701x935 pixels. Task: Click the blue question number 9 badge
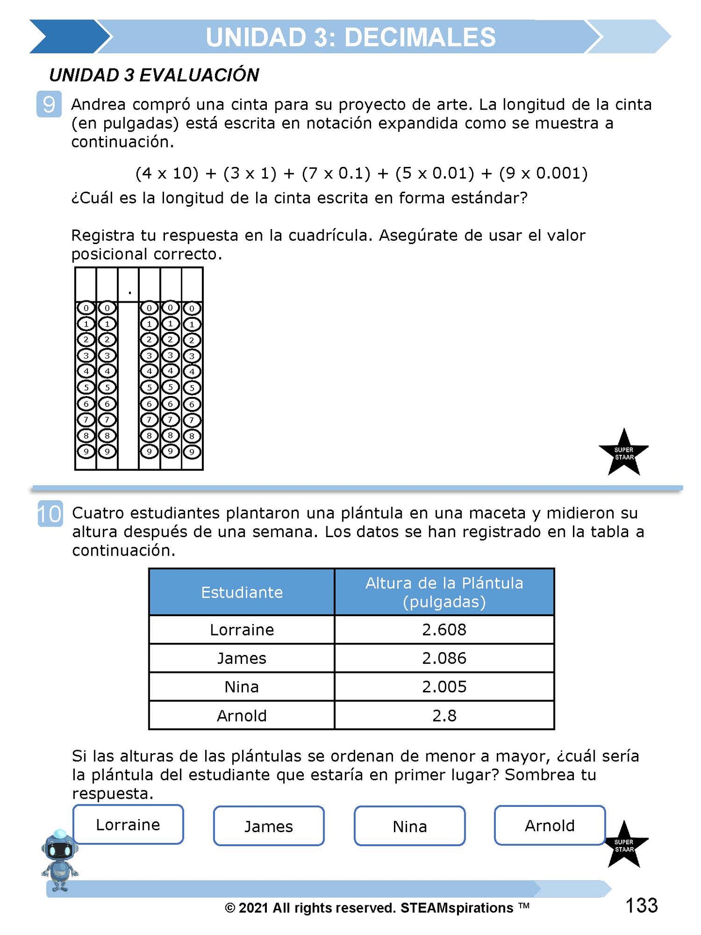(x=49, y=104)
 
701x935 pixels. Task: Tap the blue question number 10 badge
(x=50, y=513)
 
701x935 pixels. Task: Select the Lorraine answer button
(x=128, y=825)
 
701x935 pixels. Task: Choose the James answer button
(x=268, y=826)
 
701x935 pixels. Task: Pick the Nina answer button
(x=409, y=826)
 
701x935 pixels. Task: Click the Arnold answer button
(x=550, y=825)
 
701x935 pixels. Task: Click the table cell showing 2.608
(x=444, y=630)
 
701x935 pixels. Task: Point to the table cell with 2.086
(x=444, y=658)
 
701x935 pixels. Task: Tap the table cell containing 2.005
(x=444, y=687)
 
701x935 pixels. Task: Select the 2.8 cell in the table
(x=444, y=716)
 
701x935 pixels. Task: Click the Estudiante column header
(x=242, y=592)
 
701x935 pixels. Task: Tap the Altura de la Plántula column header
(x=444, y=592)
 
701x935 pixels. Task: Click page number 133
(x=641, y=906)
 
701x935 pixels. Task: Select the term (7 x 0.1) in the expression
(x=336, y=173)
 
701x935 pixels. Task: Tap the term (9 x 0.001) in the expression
(x=543, y=173)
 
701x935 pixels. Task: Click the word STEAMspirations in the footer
(x=456, y=908)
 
